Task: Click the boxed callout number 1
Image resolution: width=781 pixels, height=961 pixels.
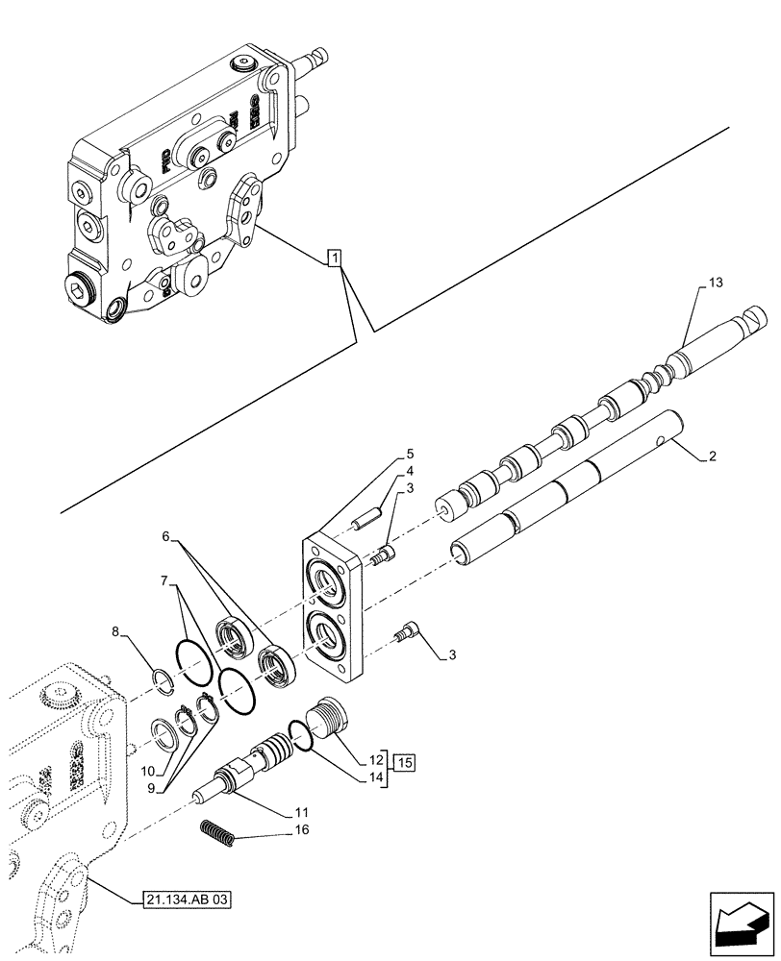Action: pos(333,258)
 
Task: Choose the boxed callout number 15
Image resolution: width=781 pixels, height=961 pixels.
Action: pos(404,763)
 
